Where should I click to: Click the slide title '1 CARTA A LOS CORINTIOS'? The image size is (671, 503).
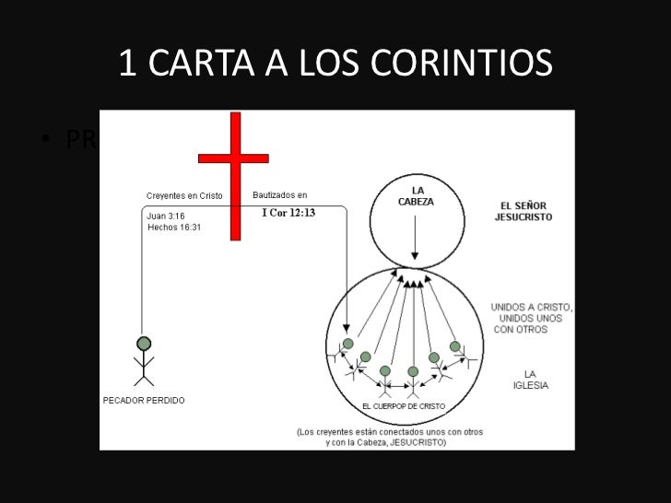click(335, 63)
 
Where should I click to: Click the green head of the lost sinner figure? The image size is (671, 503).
click(143, 344)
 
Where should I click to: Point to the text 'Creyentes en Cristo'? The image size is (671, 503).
click(184, 195)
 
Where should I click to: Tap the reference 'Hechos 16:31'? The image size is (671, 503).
click(174, 227)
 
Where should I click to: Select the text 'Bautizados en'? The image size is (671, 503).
click(280, 195)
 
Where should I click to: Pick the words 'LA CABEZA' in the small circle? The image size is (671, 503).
click(417, 196)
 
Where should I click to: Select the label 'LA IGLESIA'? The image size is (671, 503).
click(530, 379)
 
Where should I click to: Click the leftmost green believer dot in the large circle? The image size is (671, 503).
click(347, 344)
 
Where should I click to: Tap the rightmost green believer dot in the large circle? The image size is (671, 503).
click(454, 346)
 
